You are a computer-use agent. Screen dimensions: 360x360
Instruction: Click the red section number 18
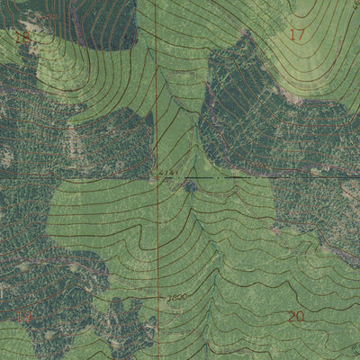pyautogui.click(x=22, y=38)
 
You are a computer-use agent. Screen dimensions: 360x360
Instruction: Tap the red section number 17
pyautogui.click(x=297, y=35)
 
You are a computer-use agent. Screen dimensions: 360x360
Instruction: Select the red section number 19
pyautogui.click(x=24, y=316)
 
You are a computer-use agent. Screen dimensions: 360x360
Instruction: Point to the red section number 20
pyautogui.click(x=296, y=316)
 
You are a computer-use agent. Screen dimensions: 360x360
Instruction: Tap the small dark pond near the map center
pyautogui.click(x=191, y=186)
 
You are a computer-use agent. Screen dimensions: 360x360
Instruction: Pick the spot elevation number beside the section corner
pyautogui.click(x=166, y=170)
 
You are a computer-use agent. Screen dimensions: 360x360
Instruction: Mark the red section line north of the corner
pyautogui.click(x=154, y=90)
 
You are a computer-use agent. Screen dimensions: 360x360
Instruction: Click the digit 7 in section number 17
pyautogui.click(x=303, y=35)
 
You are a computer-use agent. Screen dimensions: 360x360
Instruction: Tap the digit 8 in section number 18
pyautogui.click(x=27, y=38)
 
